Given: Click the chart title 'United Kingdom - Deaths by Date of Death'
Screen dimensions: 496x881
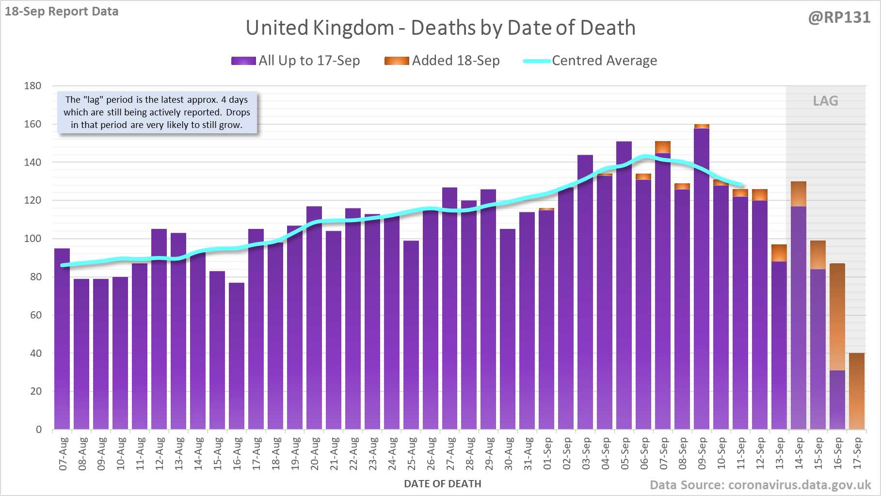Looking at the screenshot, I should coord(440,28).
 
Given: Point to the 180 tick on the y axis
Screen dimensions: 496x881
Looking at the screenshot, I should coord(32,86).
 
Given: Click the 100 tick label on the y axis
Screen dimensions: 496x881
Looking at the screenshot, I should coord(32,239).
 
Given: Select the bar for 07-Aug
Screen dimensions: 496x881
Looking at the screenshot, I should coord(62,339).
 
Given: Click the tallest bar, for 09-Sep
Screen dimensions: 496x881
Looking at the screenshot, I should coord(702,281).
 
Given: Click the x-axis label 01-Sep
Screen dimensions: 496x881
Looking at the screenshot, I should coord(547,454).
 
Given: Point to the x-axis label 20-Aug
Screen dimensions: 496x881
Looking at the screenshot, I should coord(315,454).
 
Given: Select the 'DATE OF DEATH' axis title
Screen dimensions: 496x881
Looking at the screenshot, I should coord(442,484).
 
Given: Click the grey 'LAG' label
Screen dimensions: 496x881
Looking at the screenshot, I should coord(825,101).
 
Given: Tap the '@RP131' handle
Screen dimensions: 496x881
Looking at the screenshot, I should coord(839,17).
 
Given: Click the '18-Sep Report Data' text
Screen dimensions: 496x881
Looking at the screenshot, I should coord(62,12).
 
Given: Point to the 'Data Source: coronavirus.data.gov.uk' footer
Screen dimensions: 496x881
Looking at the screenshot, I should coord(760,485).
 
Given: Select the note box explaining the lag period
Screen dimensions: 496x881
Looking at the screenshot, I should coord(157,112).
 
